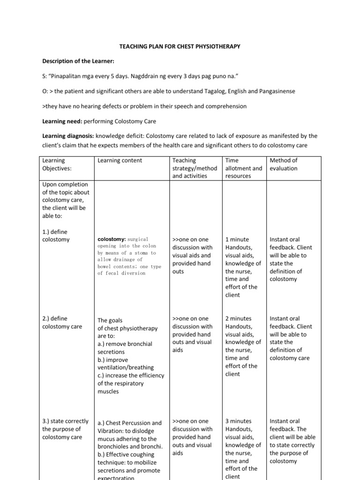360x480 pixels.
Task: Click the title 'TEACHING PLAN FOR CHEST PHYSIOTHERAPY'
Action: (x=180, y=47)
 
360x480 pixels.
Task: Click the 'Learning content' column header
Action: (x=120, y=160)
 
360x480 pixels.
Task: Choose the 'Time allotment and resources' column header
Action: (x=244, y=168)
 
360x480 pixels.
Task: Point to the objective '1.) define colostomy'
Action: (x=56, y=235)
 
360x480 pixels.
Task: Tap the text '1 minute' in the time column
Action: (x=237, y=240)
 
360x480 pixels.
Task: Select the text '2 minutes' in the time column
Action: (x=239, y=319)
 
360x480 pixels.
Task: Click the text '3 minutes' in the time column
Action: (x=239, y=421)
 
